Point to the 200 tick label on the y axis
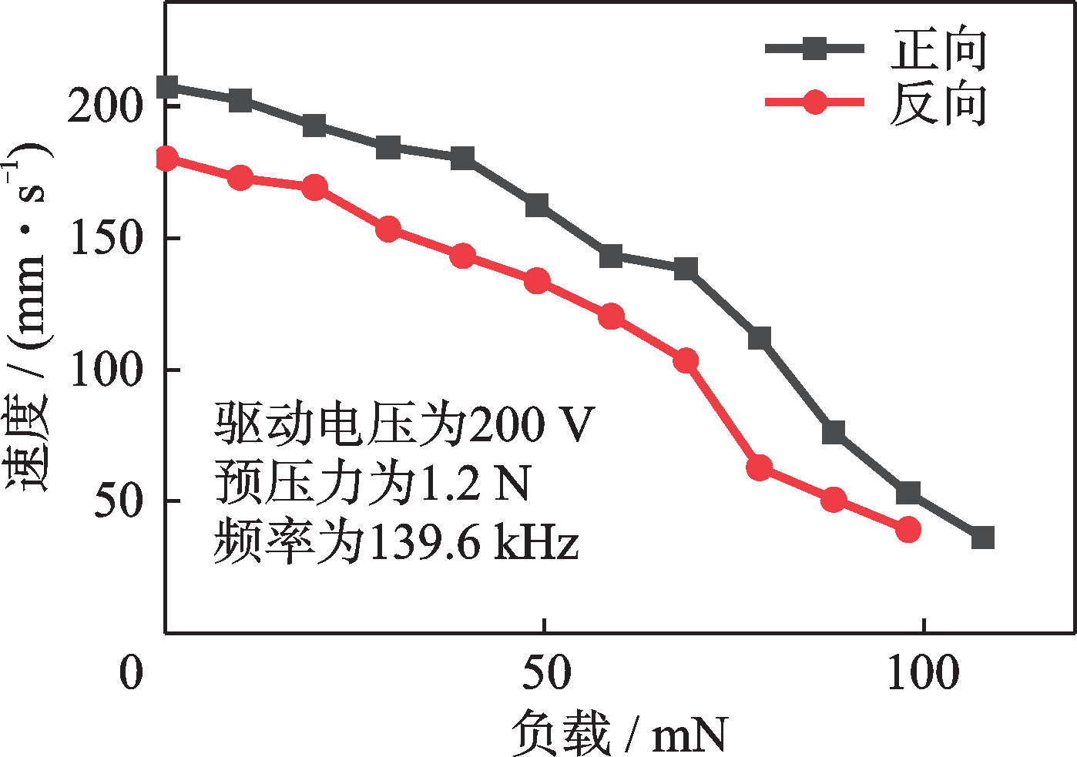(x=106, y=106)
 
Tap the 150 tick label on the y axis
(x=106, y=238)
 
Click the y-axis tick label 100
(x=106, y=370)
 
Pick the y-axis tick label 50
(x=119, y=501)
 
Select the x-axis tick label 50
(x=545, y=672)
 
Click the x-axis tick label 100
(x=922, y=672)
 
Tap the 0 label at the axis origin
(x=132, y=672)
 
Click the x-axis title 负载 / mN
(x=619, y=734)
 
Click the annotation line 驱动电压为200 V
(x=404, y=424)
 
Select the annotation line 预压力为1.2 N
(x=372, y=484)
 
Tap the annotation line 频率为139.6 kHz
(x=395, y=543)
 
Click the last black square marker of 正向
(x=982, y=538)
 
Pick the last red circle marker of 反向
(x=908, y=529)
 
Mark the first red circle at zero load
(x=166, y=159)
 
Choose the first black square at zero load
(x=167, y=87)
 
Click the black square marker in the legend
(x=814, y=49)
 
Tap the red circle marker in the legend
(x=814, y=102)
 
